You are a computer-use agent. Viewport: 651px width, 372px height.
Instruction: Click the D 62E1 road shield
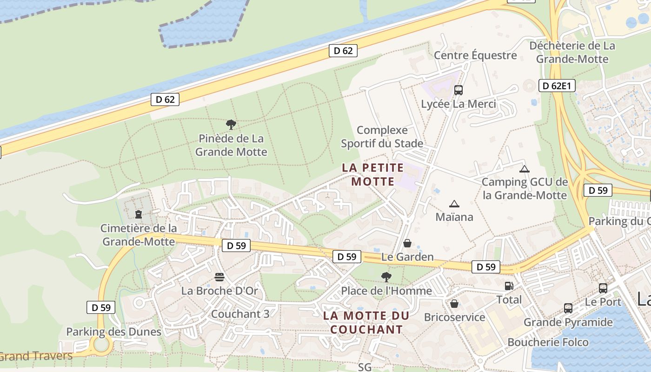pos(557,86)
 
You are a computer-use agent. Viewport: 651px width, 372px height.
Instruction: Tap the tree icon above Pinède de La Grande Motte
pos(231,125)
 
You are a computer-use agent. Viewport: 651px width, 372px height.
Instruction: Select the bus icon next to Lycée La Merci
pos(458,90)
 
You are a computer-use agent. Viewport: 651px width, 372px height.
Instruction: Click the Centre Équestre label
pos(475,55)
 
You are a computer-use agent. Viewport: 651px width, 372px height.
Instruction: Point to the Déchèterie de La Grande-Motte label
pos(572,52)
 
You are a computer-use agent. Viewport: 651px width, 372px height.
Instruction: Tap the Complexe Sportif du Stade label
pos(382,137)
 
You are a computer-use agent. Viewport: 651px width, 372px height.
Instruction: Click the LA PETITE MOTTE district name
pos(373,174)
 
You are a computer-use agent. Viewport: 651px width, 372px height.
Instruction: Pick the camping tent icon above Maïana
pos(454,204)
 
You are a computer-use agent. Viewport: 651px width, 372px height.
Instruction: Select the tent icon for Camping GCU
pos(525,169)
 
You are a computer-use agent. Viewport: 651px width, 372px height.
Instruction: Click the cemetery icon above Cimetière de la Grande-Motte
pos(138,214)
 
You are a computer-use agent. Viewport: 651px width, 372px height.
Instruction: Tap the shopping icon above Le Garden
pos(407,243)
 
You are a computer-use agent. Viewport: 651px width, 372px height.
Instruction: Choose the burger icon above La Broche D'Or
pos(219,277)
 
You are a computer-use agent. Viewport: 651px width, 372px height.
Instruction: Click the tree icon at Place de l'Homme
pos(386,277)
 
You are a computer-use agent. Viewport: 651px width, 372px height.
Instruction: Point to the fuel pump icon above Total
pos(509,286)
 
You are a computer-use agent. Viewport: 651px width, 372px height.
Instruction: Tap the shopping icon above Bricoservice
pos(454,304)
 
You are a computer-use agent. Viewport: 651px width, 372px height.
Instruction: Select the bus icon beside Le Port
pos(603,288)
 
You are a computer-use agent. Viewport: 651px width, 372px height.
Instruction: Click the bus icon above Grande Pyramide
pos(568,308)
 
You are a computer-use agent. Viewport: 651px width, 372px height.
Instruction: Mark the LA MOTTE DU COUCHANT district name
pos(366,323)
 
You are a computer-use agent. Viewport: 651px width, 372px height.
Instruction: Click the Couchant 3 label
pos(240,314)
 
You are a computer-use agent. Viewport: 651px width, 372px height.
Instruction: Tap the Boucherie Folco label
pos(548,342)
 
